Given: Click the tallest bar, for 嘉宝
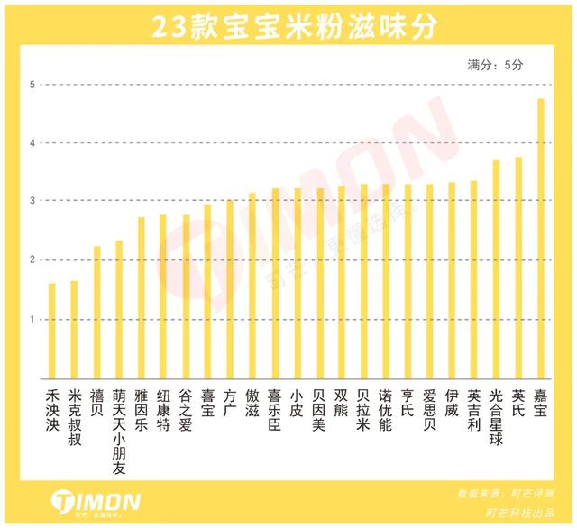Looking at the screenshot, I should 541,239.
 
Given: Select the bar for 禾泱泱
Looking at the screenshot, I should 52,331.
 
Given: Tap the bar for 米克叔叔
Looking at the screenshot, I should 74,330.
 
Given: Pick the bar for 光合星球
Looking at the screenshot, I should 496,269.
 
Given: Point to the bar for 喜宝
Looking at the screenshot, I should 207,291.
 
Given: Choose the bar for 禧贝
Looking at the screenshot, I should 96,313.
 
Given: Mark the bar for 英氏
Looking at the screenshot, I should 518,268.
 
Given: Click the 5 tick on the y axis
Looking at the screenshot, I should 32,86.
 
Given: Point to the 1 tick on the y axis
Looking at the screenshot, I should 32,320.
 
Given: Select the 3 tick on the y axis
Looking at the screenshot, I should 32,202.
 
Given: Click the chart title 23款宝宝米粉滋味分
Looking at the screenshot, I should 288,27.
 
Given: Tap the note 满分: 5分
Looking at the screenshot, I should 494,66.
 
